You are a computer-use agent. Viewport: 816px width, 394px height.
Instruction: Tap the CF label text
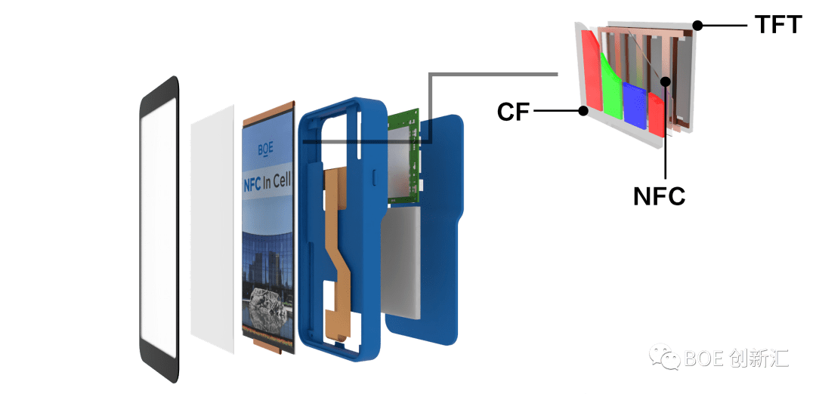[x=513, y=112]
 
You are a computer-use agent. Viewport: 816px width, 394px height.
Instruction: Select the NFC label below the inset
[x=659, y=196]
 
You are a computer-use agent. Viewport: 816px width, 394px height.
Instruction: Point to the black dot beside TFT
[x=698, y=26]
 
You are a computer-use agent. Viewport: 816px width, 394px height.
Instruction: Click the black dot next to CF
[x=583, y=112]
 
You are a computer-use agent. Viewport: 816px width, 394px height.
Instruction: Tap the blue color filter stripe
[x=635, y=106]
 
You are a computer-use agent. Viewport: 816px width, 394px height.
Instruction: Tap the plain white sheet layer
[x=212, y=226]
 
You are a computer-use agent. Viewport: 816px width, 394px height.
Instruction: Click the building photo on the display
[x=268, y=260]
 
